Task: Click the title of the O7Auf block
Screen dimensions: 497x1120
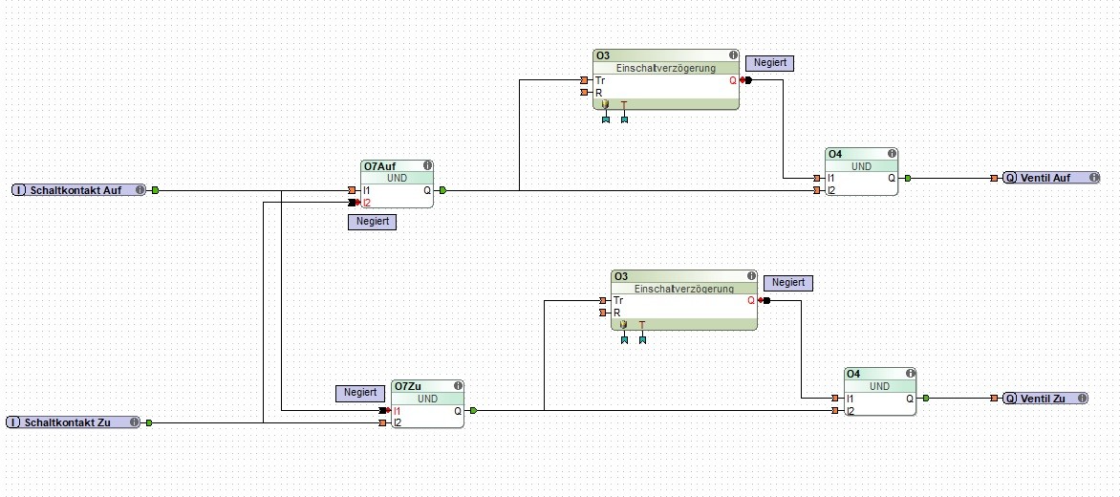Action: (x=380, y=166)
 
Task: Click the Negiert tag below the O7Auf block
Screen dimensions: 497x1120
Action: (x=372, y=222)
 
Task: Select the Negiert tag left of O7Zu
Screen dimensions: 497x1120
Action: (x=361, y=393)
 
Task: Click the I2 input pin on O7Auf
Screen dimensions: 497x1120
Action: (x=354, y=203)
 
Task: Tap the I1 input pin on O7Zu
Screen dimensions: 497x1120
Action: (x=383, y=410)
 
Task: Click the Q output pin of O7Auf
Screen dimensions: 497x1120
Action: (x=442, y=190)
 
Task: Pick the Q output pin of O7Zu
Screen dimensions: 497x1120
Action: (x=473, y=410)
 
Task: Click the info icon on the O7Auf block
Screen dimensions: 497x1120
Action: (x=427, y=165)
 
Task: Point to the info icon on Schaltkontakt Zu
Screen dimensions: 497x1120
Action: (x=135, y=422)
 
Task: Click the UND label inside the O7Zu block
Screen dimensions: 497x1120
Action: (x=428, y=399)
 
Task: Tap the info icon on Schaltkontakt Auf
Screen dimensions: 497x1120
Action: (x=140, y=190)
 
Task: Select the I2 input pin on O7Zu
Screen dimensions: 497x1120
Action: (x=383, y=422)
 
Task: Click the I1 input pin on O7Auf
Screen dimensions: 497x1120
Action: (x=354, y=190)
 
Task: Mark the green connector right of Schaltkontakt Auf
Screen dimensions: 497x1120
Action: (x=155, y=190)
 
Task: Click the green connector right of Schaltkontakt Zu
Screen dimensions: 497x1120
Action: (x=149, y=422)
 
